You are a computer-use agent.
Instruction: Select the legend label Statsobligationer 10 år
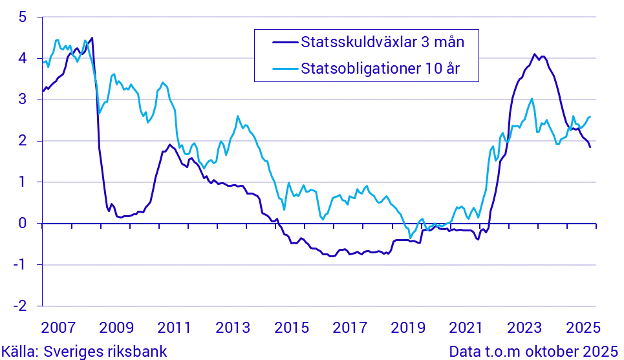pyautogui.click(x=380, y=69)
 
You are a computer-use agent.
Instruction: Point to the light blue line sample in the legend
pyautogui.click(x=280, y=69)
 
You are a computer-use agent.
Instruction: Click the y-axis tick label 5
pyautogui.click(x=22, y=17)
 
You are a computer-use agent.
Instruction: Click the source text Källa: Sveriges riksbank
pyautogui.click(x=84, y=351)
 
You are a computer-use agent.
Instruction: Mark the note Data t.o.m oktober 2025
pyautogui.click(x=533, y=351)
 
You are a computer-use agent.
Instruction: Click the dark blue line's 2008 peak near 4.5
pyautogui.click(x=92, y=38)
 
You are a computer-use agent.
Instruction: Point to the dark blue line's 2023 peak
pyautogui.click(x=534, y=54)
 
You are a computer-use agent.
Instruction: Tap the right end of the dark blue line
pyautogui.click(x=590, y=147)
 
